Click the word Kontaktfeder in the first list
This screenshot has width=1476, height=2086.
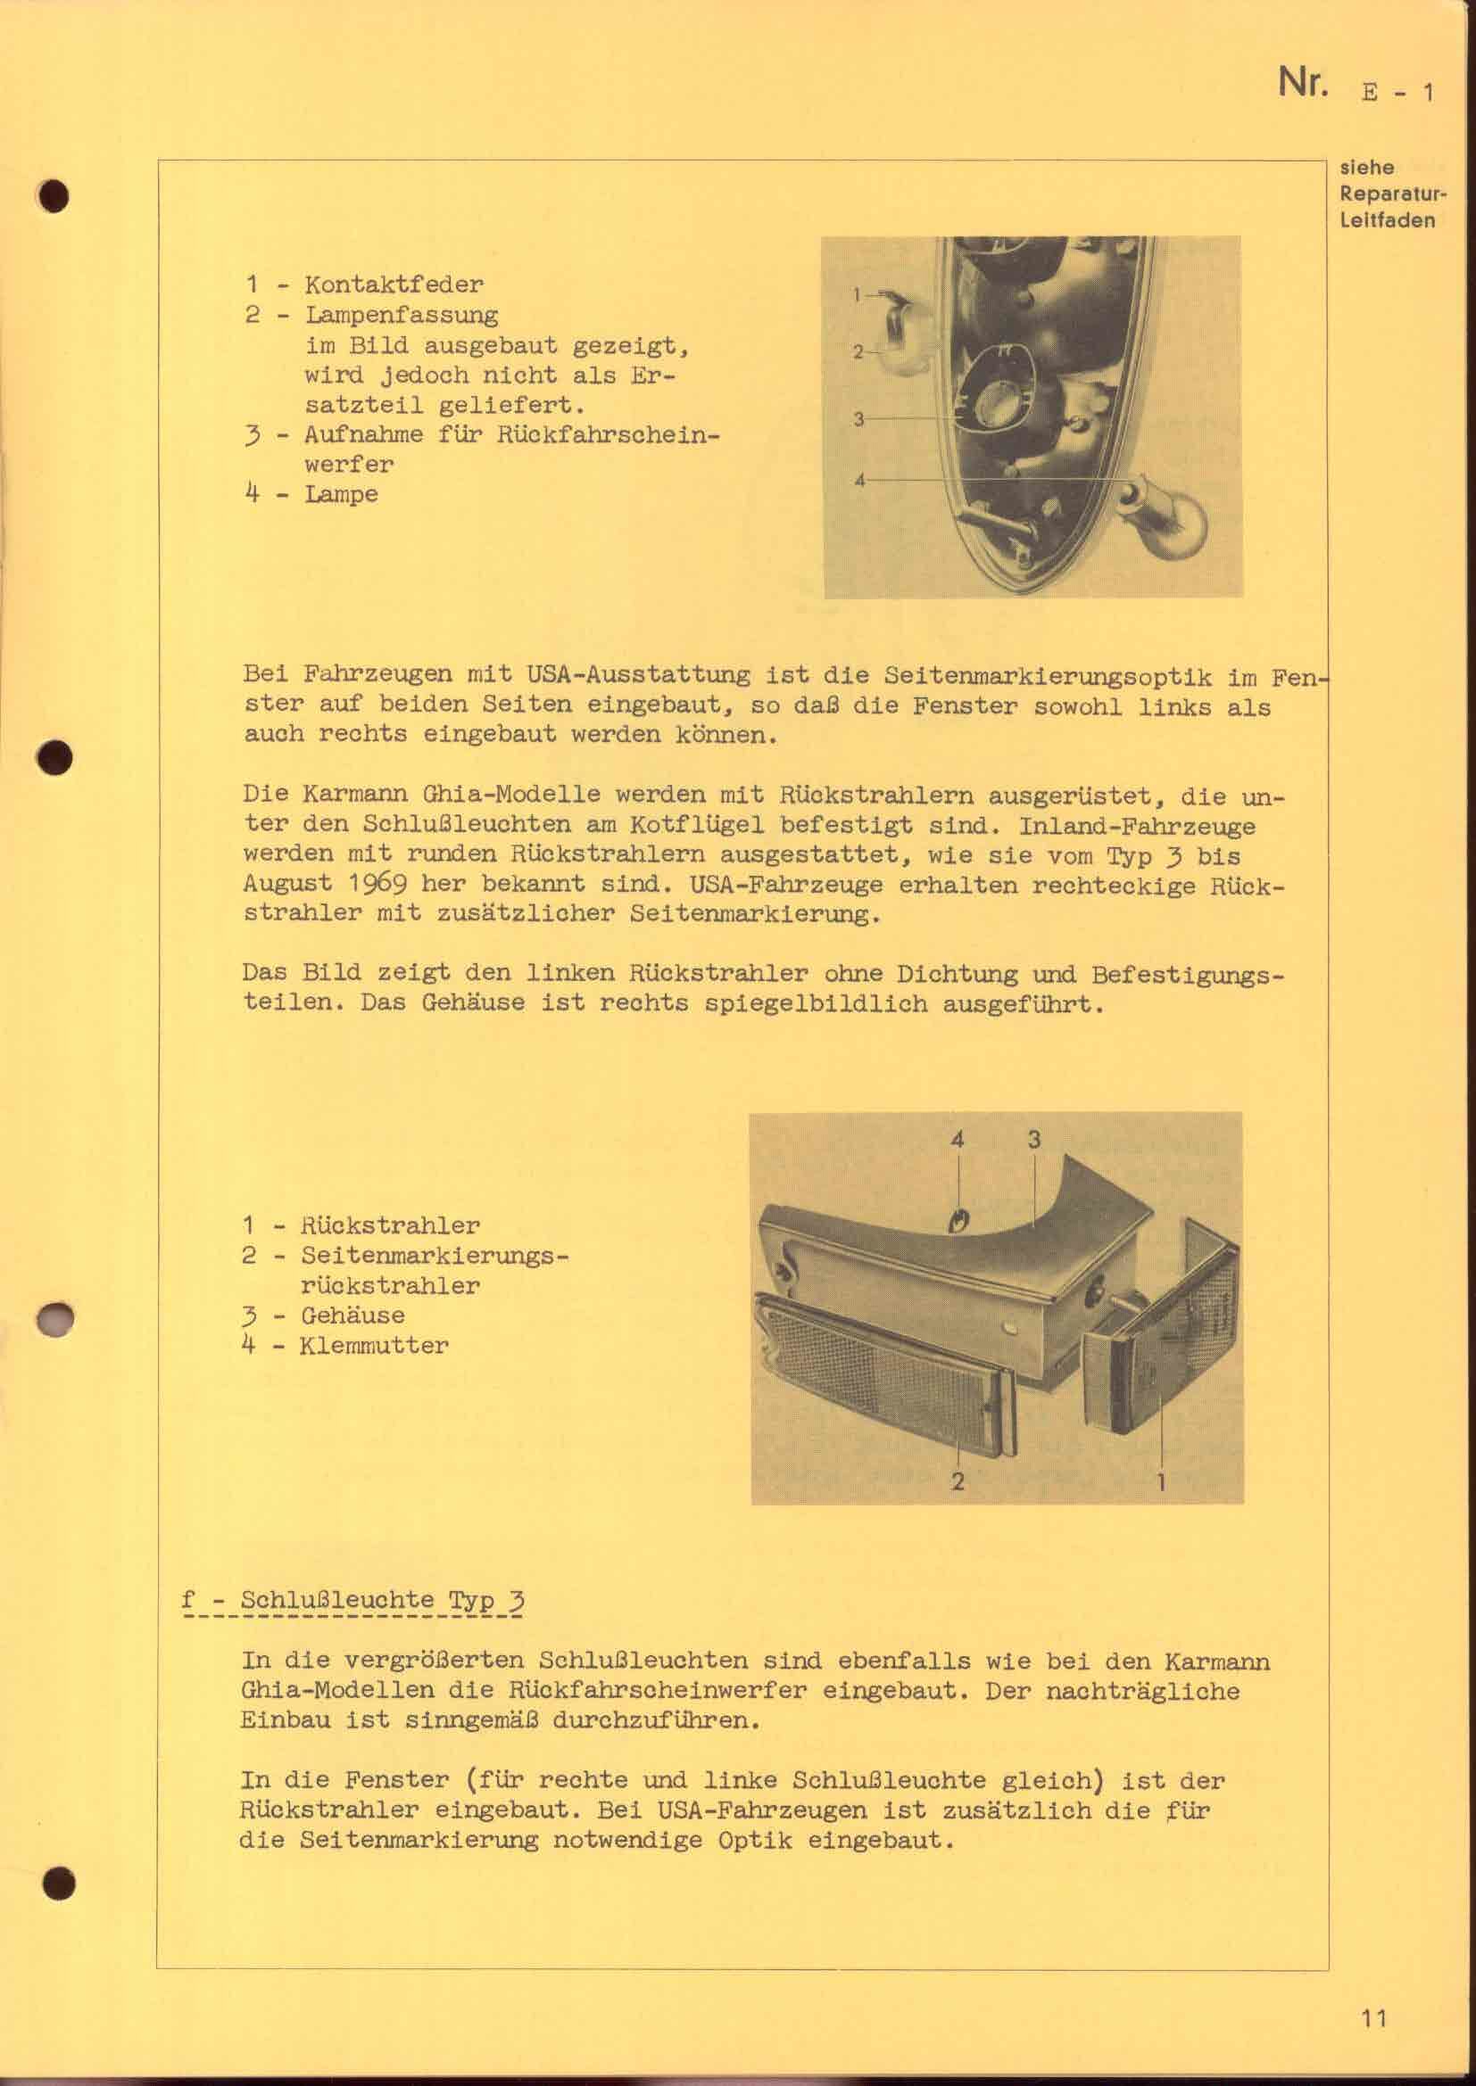click(x=394, y=284)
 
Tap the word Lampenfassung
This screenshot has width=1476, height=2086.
click(x=401, y=315)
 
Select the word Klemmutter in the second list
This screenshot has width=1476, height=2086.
click(x=374, y=1346)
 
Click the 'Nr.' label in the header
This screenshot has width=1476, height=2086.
click(x=1302, y=84)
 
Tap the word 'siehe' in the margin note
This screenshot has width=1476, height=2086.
click(x=1367, y=168)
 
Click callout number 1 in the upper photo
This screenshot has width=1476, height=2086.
click(x=856, y=294)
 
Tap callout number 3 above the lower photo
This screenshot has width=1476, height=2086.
click(x=1033, y=1139)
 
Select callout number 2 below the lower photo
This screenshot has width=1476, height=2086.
click(x=957, y=1482)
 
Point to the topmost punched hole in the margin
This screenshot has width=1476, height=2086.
click(x=55, y=196)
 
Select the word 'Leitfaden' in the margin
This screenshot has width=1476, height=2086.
click(x=1387, y=221)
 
